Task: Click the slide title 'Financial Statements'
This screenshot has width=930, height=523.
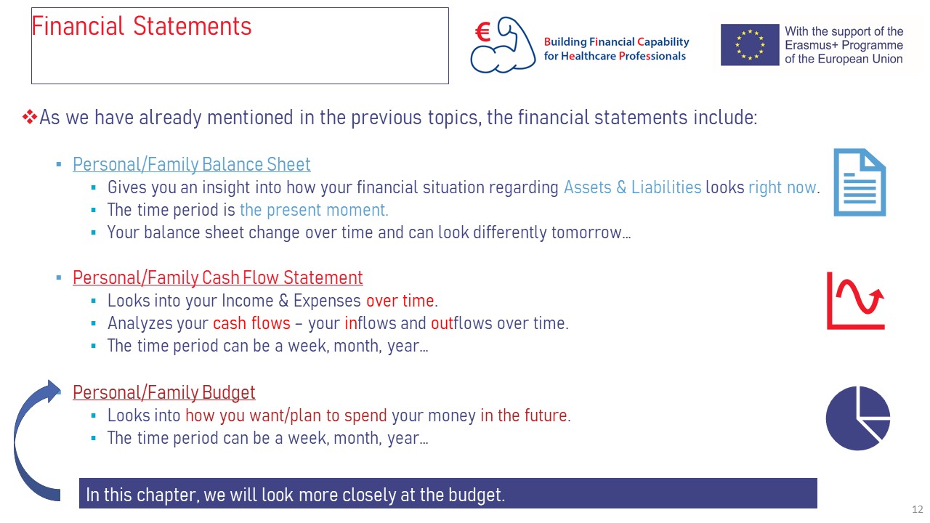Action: click(x=141, y=26)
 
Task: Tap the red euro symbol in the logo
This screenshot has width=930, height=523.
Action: click(x=483, y=32)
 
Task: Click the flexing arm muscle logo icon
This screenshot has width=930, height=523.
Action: click(x=503, y=45)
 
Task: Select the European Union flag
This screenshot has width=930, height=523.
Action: click(x=749, y=44)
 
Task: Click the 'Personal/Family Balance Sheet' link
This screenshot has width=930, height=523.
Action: click(x=191, y=164)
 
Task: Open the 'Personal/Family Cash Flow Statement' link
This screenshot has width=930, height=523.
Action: click(x=217, y=277)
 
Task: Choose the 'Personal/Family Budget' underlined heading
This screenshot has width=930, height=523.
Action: click(x=164, y=392)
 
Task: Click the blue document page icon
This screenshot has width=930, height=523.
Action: click(x=860, y=182)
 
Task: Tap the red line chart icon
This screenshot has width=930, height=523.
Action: click(x=855, y=301)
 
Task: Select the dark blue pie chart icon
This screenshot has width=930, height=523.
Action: click(x=858, y=418)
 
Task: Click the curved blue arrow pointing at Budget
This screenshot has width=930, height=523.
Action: click(x=19, y=440)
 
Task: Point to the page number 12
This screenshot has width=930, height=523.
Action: click(x=917, y=509)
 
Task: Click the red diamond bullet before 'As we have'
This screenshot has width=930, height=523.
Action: click(x=30, y=117)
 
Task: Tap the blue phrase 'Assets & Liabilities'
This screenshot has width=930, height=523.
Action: click(x=632, y=187)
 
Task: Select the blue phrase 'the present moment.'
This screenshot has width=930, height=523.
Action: click(x=314, y=210)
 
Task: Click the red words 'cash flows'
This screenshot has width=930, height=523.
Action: click(x=251, y=323)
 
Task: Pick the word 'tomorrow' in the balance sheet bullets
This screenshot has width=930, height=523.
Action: click(x=586, y=232)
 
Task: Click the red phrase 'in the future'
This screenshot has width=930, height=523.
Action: click(x=524, y=415)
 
